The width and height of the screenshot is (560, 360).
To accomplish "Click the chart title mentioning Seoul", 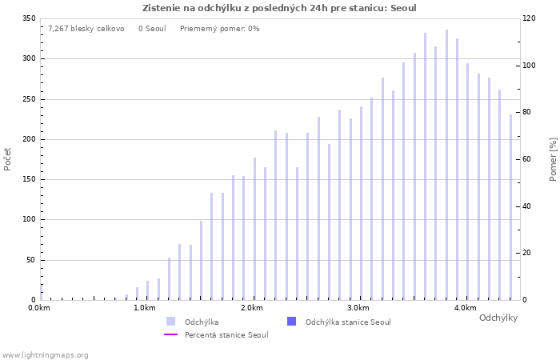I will tap(279, 8).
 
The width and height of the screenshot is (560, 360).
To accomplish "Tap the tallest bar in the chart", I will tap(446, 165).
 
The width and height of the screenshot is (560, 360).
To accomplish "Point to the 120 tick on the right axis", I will tap(529, 18).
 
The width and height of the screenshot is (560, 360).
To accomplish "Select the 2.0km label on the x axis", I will tap(251, 308).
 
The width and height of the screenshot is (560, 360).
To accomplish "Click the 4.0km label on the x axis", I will tap(465, 308).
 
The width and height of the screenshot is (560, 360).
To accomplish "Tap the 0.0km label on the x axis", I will tap(38, 308).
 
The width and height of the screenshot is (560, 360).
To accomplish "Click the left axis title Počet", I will tap(8, 159).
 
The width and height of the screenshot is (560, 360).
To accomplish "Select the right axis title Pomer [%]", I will tap(553, 159).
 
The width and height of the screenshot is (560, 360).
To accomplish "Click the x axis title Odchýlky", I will tap(498, 318).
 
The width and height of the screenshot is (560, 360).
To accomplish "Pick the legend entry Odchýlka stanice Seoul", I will tap(348, 322).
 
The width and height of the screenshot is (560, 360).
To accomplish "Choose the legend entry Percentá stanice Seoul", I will tap(226, 334).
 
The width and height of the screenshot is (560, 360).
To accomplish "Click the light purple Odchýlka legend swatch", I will tap(170, 322).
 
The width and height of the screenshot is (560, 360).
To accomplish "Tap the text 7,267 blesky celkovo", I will tap(86, 29).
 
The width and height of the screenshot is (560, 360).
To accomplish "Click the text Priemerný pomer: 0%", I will tap(219, 29).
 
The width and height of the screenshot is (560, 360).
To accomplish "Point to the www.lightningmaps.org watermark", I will tap(45, 355).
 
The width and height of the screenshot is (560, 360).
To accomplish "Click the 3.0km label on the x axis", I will tap(358, 308).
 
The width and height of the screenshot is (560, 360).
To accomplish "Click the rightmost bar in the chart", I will tap(510, 207).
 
